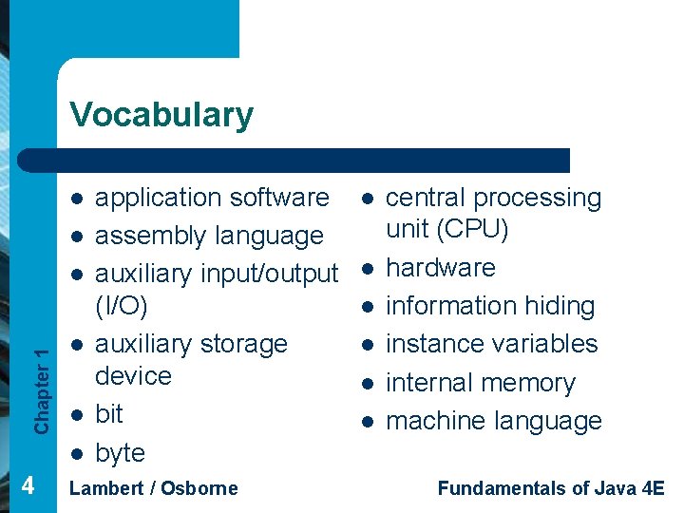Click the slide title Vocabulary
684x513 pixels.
click(161, 115)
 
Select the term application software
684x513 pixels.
click(212, 198)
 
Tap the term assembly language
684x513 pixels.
click(209, 236)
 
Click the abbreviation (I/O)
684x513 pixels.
click(121, 306)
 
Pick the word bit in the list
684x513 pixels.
click(109, 414)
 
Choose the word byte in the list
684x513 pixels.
click(120, 453)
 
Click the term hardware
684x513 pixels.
click(441, 268)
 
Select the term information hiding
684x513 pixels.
click(490, 306)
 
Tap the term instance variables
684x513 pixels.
click(492, 344)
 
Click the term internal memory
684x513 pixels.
click(481, 383)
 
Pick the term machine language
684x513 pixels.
click(494, 421)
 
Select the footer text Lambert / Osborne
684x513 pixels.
click(154, 488)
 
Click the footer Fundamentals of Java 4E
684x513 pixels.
click(551, 488)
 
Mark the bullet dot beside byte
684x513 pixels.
click(75, 453)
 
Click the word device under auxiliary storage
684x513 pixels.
click(133, 376)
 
